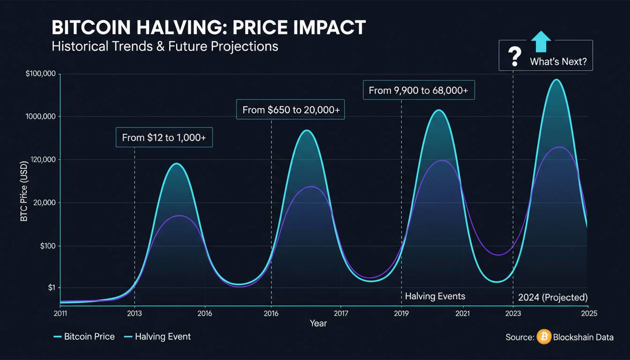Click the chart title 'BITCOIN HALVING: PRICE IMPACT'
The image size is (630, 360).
(208, 28)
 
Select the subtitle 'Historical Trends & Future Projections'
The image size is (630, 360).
(165, 46)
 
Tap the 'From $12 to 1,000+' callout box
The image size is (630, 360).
(164, 137)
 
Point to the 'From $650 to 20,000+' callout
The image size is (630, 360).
(291, 110)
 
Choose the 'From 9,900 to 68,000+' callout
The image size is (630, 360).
(419, 90)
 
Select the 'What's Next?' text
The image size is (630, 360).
(558, 61)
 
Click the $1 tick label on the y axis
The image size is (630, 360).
(51, 288)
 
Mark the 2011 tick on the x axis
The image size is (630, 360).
(60, 313)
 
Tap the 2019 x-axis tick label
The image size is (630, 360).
(401, 313)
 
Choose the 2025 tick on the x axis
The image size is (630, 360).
(587, 313)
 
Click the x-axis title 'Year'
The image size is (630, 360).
(318, 323)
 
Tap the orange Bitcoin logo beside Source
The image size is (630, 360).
(544, 337)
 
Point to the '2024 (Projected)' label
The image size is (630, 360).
(553, 297)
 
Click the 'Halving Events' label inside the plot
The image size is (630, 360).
(435, 296)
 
